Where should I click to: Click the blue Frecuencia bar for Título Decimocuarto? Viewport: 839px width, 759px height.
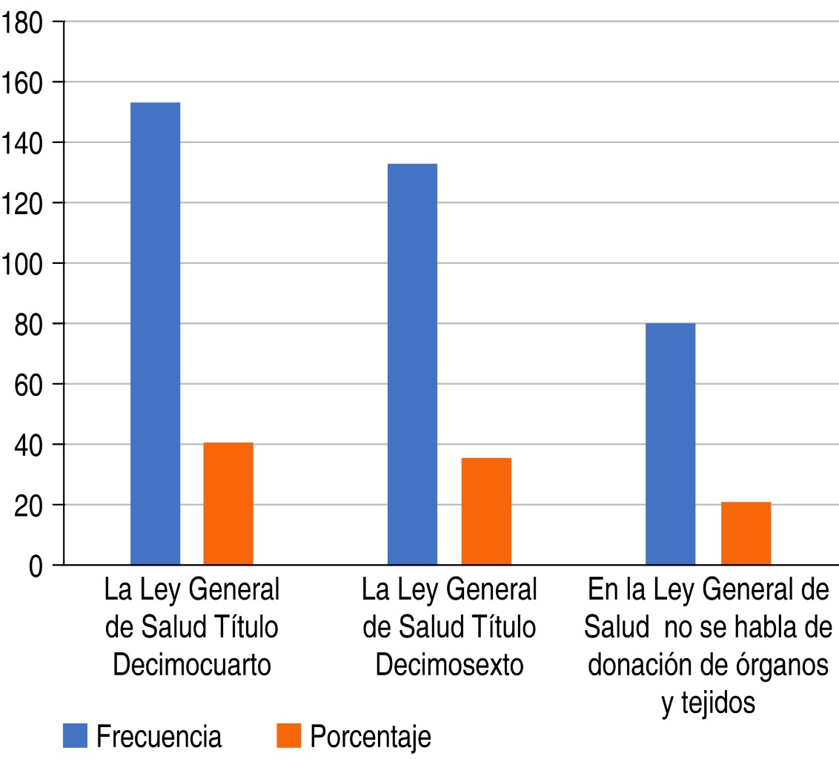(x=155, y=334)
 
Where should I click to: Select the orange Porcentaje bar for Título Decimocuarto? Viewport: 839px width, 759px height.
(x=228, y=504)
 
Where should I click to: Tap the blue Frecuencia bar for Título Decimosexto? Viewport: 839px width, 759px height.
(x=412, y=364)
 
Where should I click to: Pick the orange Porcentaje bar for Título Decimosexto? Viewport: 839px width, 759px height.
(x=486, y=511)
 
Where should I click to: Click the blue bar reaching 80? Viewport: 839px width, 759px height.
(x=670, y=444)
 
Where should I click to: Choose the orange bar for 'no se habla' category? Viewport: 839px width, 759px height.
(x=746, y=534)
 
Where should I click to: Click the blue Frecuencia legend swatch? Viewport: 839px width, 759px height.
(x=76, y=736)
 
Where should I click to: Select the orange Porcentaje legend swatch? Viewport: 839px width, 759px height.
(x=288, y=736)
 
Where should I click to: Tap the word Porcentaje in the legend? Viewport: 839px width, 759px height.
(x=371, y=738)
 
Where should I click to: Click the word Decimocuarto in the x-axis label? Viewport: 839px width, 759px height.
(x=191, y=665)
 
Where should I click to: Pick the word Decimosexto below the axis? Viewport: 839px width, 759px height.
(x=449, y=665)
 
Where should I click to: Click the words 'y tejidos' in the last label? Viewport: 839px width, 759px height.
(x=708, y=702)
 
